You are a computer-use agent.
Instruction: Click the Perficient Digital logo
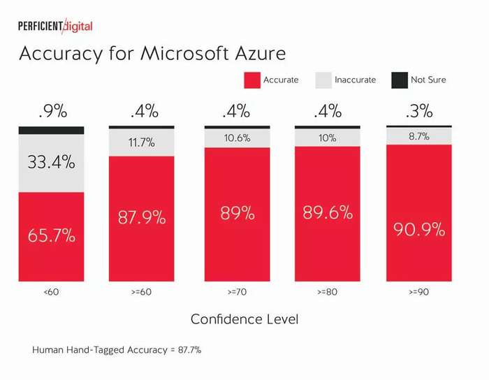[55, 26]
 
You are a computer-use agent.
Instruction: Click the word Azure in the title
[261, 53]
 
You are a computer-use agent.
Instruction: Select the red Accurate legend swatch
[252, 80]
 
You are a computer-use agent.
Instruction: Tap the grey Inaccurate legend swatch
[323, 80]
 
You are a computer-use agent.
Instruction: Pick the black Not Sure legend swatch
[400, 80]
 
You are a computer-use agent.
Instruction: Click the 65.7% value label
[52, 235]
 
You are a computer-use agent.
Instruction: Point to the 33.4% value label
[52, 162]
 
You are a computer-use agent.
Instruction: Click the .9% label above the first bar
[53, 111]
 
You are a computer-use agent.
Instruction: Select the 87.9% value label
[142, 217]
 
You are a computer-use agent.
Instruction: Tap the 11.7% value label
[142, 142]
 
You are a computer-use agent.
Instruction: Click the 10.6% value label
[237, 138]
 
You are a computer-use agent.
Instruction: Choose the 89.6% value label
[328, 213]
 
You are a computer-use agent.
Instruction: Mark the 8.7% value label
[419, 136]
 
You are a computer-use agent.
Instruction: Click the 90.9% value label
[419, 230]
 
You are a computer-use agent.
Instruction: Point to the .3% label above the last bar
[419, 111]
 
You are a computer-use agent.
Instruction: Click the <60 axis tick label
[51, 292]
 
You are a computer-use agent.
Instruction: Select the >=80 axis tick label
[327, 292]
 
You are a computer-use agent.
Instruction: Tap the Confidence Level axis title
[245, 319]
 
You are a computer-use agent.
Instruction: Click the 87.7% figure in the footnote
[189, 350]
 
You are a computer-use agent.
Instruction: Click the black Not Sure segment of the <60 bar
[51, 131]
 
